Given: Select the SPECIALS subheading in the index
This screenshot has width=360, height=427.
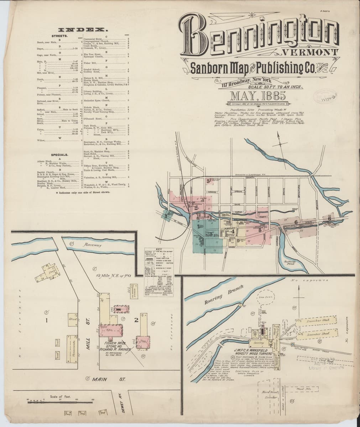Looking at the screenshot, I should pyautogui.click(x=60, y=155).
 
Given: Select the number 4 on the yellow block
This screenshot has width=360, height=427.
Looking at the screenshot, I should pyautogui.click(x=233, y=232).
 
